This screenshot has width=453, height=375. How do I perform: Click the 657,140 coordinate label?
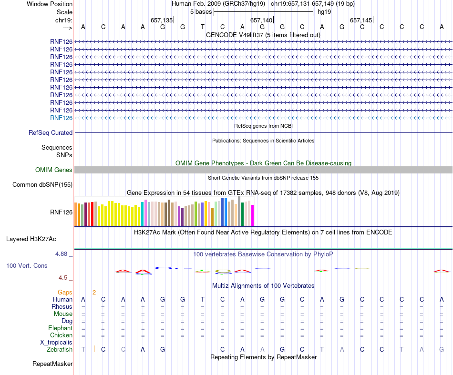pos(261,20)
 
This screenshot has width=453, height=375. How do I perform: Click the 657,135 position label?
pos(162,20)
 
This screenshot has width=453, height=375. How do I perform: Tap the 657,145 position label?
pos(361,20)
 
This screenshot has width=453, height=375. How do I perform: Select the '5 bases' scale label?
pos(201,11)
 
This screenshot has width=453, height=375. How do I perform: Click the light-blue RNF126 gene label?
pos(61,118)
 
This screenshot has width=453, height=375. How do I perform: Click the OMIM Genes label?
pos(54,170)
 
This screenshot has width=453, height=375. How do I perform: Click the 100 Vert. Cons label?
pos(27,265)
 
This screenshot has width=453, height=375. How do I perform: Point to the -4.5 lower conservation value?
pos(63,277)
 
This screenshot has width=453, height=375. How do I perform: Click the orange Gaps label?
pos(65,292)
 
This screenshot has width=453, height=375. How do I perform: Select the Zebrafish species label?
pos(60,350)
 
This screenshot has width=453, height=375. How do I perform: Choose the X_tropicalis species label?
pos(56,343)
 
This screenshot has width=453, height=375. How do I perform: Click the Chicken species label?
pos(61,335)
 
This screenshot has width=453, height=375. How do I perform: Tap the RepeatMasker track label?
pos(52,364)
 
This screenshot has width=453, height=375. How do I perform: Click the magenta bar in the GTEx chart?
pos(253,215)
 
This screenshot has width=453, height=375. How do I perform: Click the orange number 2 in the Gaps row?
pos(94,292)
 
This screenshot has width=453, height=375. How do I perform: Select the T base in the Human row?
pos(203,300)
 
